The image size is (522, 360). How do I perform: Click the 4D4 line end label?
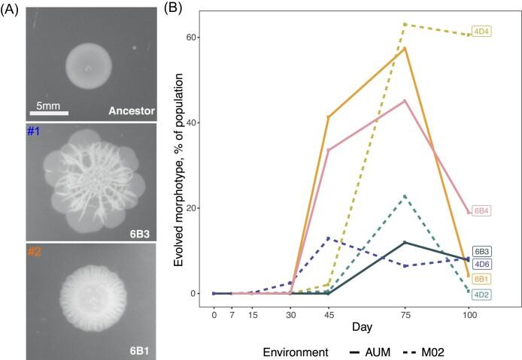tap(481, 32)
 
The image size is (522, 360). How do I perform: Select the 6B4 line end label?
tap(481, 212)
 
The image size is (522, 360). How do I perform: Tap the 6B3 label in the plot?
tap(482, 251)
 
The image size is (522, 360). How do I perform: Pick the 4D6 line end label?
tap(482, 265)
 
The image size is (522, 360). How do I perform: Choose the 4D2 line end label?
tap(482, 294)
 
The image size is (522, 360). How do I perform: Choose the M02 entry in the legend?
tap(437, 351)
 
